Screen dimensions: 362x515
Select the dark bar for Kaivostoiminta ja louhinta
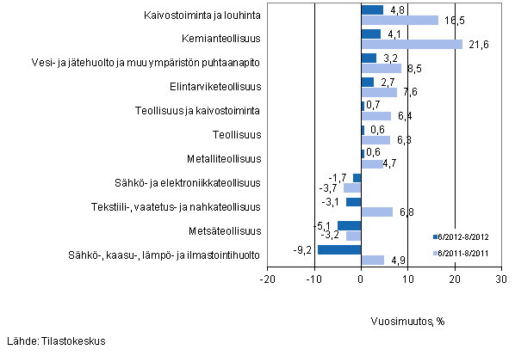coord(372,10)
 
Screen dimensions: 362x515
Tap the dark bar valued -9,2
coord(339,249)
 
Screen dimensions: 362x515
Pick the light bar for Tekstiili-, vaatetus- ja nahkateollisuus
coord(377,212)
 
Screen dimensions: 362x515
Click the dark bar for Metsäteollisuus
coord(349,225)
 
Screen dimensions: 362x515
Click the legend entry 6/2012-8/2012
coord(465,236)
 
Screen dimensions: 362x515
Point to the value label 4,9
coord(397,260)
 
